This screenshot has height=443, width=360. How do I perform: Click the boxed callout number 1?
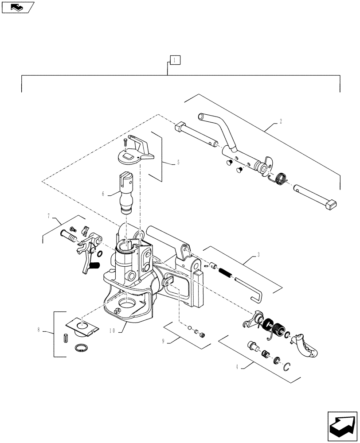175,60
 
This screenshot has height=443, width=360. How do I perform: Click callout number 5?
178,163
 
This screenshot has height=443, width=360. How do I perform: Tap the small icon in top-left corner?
17,7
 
